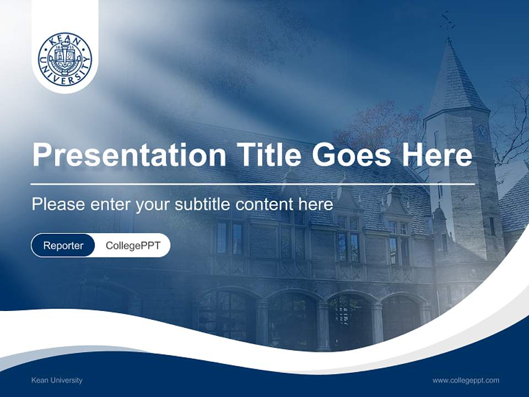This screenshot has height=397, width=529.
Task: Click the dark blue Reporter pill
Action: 63,245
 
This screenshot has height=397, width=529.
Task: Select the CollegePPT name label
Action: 133,245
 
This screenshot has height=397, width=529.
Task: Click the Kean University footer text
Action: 57,380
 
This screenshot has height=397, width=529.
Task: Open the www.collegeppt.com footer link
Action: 466,380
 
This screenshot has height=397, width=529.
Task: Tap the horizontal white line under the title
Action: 253,184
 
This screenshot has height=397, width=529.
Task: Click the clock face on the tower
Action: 481,130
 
